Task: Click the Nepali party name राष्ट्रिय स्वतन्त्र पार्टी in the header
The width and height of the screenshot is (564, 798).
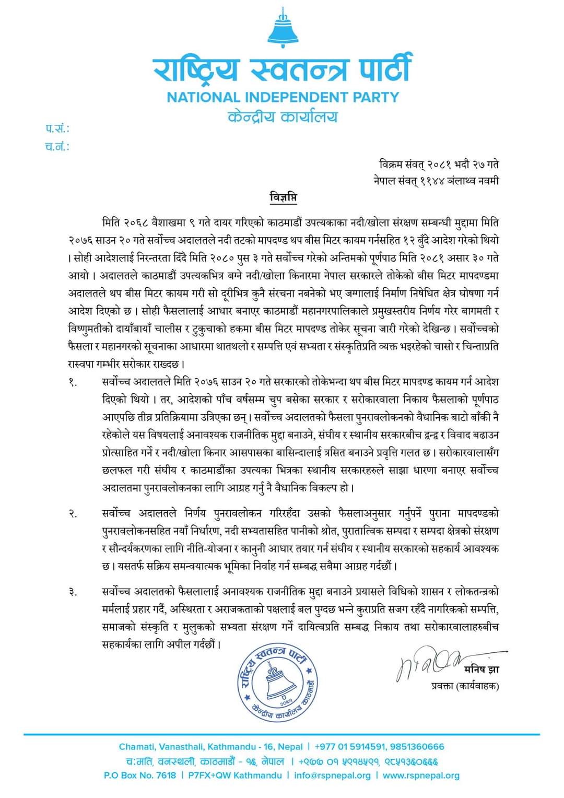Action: pyautogui.click(x=283, y=69)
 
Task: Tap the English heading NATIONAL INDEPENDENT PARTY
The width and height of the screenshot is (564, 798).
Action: pyautogui.click(x=283, y=97)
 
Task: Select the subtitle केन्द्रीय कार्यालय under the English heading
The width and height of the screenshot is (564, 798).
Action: pyautogui.click(x=283, y=116)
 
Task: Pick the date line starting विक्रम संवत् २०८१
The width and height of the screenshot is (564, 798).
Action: pyautogui.click(x=439, y=165)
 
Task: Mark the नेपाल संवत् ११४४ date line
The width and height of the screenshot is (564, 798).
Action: pyautogui.click(x=436, y=181)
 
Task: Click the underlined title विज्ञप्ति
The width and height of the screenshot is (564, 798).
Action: pyautogui.click(x=283, y=198)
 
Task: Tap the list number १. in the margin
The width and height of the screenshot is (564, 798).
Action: pyautogui.click(x=73, y=383)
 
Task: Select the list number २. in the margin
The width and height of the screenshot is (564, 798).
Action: pyautogui.click(x=73, y=514)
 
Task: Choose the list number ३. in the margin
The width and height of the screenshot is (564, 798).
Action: pyautogui.click(x=73, y=592)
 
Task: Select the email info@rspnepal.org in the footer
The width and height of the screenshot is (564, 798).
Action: pyautogui.click(x=332, y=776)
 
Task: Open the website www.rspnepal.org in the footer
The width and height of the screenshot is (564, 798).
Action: pyautogui.click(x=421, y=776)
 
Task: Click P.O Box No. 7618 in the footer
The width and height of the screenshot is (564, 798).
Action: pyautogui.click(x=140, y=776)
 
